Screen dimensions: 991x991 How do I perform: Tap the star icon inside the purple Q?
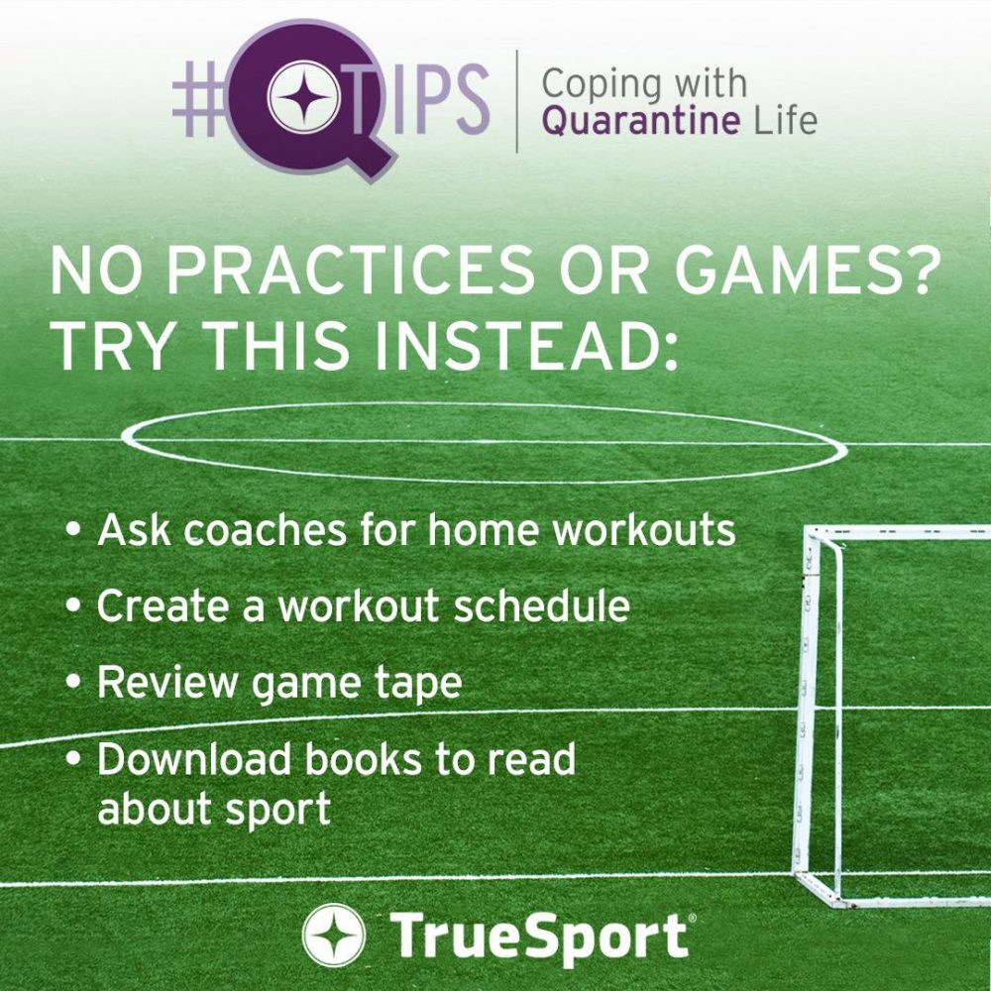tap(304, 98)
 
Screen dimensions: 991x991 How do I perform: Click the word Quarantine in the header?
tap(641, 121)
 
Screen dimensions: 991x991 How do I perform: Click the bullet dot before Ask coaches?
tap(75, 528)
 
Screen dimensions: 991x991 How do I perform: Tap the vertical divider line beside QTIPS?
tap(517, 101)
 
